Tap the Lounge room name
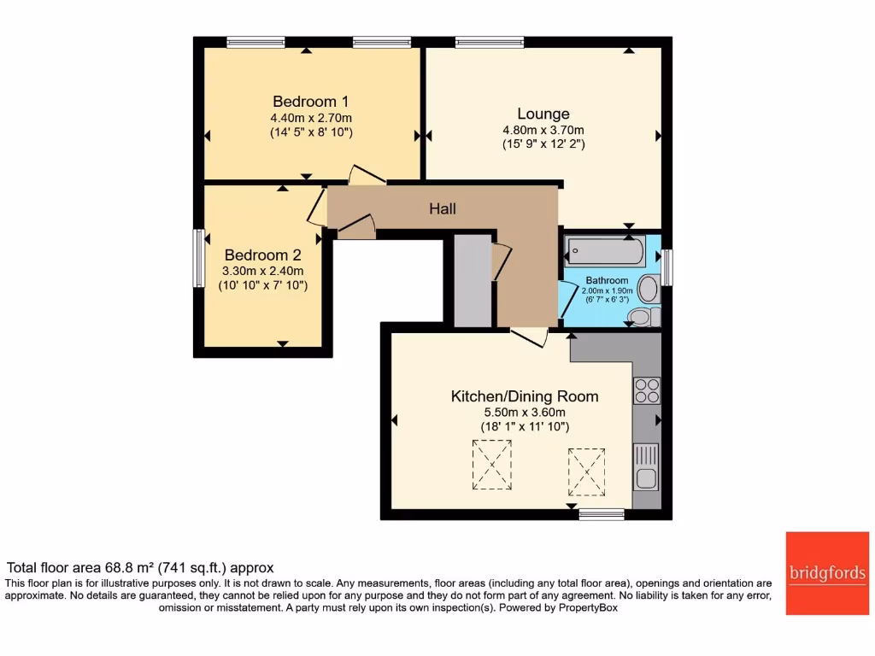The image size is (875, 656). (x=543, y=114)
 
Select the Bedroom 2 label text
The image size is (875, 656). (x=262, y=255)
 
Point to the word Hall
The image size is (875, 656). (x=442, y=209)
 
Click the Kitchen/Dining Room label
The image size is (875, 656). (x=524, y=396)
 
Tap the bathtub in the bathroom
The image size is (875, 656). (x=605, y=252)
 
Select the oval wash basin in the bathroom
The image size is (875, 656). (x=649, y=289)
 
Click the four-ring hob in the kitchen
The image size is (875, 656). (x=647, y=390)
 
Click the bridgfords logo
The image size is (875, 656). (x=825, y=573)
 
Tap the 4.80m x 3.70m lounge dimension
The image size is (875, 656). (x=543, y=131)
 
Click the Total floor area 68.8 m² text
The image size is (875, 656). (x=140, y=567)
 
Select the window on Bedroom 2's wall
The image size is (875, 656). (x=197, y=258)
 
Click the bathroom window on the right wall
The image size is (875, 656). (x=667, y=266)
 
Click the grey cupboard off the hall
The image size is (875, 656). (x=471, y=279)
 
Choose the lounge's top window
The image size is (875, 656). (x=490, y=41)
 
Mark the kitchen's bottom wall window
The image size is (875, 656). (x=602, y=513)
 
